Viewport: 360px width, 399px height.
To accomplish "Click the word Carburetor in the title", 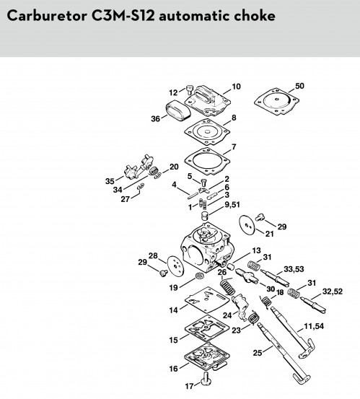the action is pyautogui.click(x=47, y=16).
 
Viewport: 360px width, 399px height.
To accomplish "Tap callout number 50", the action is pyautogui.click(x=299, y=86).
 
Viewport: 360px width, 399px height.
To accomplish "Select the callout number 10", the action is pyautogui.click(x=236, y=87).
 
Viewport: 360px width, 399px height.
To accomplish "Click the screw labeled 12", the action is pyautogui.click(x=190, y=89).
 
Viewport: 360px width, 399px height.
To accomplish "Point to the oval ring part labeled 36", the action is pyautogui.click(x=178, y=111).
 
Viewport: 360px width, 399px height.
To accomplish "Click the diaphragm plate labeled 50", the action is pyautogui.click(x=276, y=102).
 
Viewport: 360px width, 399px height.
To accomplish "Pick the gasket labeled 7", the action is pyautogui.click(x=207, y=161).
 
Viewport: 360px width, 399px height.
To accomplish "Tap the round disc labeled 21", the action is pyautogui.click(x=247, y=224).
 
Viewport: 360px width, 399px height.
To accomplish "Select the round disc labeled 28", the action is pyautogui.click(x=175, y=266).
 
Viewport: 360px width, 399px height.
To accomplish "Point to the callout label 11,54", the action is pyautogui.click(x=314, y=326).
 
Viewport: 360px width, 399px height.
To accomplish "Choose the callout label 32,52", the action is pyautogui.click(x=333, y=291).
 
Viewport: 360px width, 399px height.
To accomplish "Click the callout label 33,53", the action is pyautogui.click(x=294, y=269).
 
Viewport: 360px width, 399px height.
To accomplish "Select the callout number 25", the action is pyautogui.click(x=258, y=353).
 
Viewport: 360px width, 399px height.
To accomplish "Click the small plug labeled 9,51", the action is pyautogui.click(x=205, y=216).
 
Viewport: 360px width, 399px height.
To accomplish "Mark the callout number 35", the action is pyautogui.click(x=110, y=181).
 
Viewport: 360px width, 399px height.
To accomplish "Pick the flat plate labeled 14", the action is pyautogui.click(x=207, y=299).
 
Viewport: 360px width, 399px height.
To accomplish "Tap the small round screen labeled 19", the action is pyautogui.click(x=200, y=276).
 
